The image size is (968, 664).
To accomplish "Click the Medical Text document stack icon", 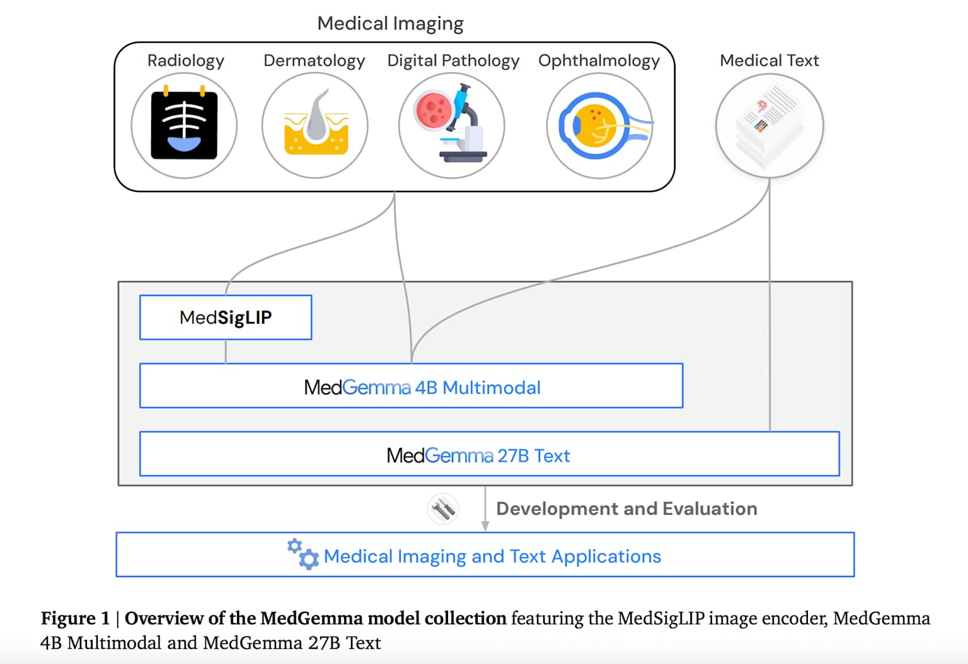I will click(769, 125).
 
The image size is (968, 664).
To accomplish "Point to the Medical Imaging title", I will click(390, 23).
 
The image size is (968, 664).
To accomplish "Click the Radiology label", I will click(185, 60).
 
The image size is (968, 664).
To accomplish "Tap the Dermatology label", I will click(314, 60).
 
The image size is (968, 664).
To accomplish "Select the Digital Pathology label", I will click(453, 60).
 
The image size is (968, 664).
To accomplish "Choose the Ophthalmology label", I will click(599, 60).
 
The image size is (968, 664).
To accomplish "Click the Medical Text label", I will click(769, 60).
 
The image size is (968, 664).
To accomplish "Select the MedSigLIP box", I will click(226, 318).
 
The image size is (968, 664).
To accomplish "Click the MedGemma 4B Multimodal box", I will click(411, 386).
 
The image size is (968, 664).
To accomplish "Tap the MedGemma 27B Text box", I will click(489, 454).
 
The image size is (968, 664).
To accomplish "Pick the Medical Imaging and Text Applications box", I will click(485, 555).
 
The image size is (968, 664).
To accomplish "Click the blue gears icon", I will click(303, 554).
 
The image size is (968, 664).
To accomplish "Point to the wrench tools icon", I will click(443, 508).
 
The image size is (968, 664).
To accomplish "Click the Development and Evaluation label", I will click(626, 508).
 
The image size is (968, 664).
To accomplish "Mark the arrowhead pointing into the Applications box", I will click(485, 527).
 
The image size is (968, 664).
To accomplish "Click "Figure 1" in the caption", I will click(75, 618).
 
